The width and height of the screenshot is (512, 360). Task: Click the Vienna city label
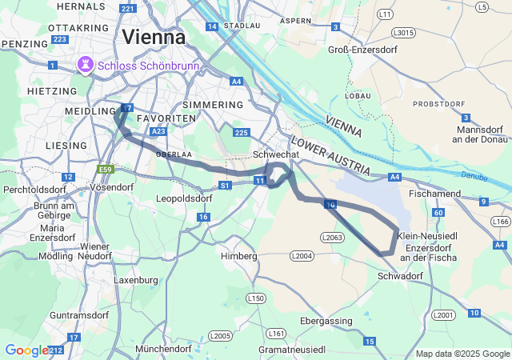154,37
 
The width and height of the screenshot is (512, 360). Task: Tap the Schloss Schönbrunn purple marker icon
84,64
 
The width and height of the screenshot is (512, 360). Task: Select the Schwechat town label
275,154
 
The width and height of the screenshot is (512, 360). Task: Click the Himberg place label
239,257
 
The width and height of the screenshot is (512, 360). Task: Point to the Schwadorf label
399,276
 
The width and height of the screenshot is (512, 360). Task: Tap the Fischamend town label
434,194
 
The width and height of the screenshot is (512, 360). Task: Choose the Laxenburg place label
136,281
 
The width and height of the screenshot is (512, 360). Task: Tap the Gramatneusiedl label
292,350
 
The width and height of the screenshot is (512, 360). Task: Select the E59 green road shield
105,170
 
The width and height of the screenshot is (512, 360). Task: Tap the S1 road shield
225,186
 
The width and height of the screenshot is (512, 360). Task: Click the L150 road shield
255,298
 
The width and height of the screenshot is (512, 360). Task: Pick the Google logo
26,350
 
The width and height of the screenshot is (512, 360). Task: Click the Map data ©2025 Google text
462,354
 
